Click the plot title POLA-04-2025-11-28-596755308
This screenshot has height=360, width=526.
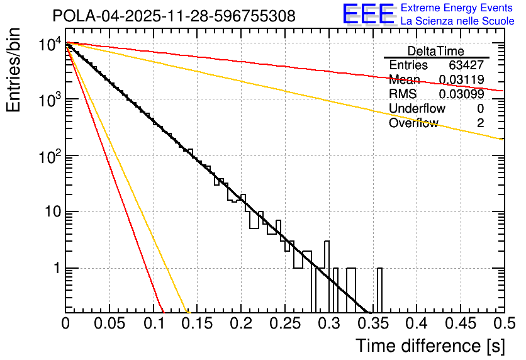click(174, 16)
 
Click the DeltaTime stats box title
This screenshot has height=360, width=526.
click(436, 51)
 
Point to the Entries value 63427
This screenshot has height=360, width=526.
click(466, 65)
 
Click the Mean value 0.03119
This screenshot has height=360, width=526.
click(461, 80)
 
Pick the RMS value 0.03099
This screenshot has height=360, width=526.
click(461, 94)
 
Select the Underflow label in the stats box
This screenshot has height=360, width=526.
click(417, 109)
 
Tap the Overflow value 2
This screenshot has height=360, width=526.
click(480, 123)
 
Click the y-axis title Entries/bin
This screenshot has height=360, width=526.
click(14, 70)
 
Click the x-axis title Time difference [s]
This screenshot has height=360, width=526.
click(430, 346)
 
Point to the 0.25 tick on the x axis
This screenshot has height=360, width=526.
click(284, 323)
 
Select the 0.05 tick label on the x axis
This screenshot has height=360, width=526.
click(109, 323)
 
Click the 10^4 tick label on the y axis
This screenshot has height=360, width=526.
click(48, 45)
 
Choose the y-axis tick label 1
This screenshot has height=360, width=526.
click(55, 268)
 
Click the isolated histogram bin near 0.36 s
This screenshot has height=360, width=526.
click(379, 290)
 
